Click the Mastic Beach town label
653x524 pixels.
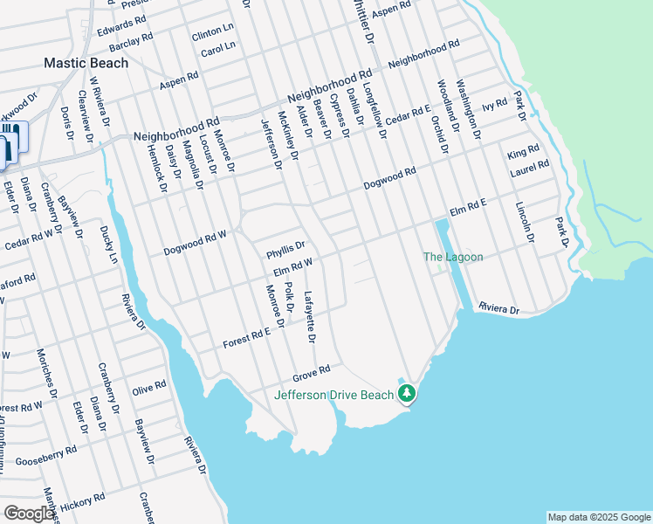point(86,63)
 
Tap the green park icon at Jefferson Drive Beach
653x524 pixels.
point(406,395)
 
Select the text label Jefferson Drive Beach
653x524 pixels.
point(333,395)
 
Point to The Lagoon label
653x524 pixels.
point(452,257)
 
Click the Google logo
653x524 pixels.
point(29,513)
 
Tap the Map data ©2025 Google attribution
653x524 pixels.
point(599,517)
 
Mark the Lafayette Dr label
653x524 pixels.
point(310,315)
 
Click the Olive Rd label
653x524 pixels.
point(148,386)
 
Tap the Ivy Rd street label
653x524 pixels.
point(494,105)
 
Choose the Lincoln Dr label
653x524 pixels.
point(522,222)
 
